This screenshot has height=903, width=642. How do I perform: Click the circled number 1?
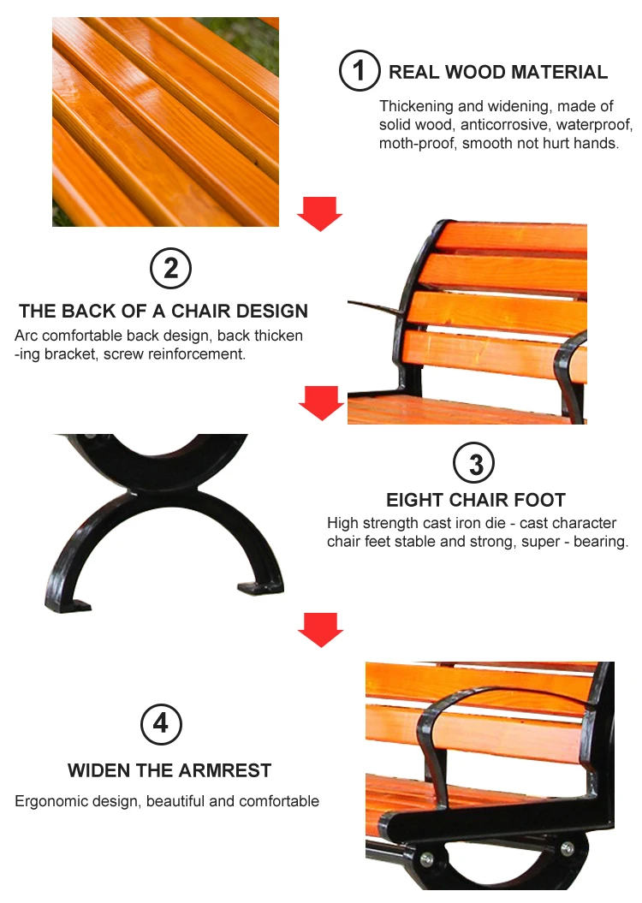tap(359, 71)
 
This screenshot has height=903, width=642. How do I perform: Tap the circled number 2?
tap(170, 269)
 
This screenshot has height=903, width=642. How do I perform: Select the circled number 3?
tap(476, 464)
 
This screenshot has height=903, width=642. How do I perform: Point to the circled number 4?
tap(161, 725)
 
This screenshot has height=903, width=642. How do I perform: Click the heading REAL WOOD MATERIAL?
tap(498, 72)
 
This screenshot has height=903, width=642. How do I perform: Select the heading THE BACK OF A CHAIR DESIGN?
tap(163, 311)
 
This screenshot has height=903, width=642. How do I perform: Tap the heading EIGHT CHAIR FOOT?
tap(476, 500)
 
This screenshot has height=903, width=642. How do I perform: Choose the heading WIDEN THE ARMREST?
tap(169, 770)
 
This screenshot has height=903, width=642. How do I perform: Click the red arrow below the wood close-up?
tap(320, 213)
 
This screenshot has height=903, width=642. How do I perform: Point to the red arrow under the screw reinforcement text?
tap(322, 402)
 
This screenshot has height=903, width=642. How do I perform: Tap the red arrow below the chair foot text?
tap(320, 628)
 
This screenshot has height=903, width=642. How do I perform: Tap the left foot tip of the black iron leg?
tap(68, 606)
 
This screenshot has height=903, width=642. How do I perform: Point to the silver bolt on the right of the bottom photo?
tap(567, 848)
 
